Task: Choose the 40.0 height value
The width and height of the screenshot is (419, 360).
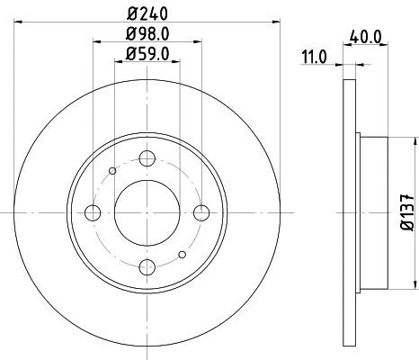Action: coord(365,39)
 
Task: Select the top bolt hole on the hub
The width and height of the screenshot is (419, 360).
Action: coord(147,158)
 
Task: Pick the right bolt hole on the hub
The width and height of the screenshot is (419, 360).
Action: coord(201,212)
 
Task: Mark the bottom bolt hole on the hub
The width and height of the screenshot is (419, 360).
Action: coord(147,267)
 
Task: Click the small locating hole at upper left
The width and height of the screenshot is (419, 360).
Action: coord(111,171)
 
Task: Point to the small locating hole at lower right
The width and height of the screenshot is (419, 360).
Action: coord(183,254)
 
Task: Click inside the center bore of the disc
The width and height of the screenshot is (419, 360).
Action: coord(147,212)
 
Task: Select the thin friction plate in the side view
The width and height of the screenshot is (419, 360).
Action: coord(349,212)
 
